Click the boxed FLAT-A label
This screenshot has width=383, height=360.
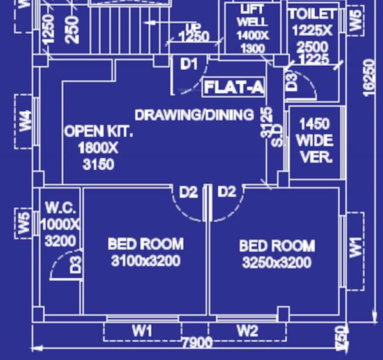[x=234, y=87]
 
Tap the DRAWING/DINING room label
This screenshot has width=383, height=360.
[x=194, y=115]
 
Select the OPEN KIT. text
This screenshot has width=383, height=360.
[x=98, y=131]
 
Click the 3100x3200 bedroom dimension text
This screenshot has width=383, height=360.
[x=146, y=261]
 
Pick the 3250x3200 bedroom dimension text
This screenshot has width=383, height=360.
[x=276, y=263]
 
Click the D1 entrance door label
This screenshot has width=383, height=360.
[x=189, y=63]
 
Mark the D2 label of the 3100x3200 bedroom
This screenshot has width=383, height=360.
[x=188, y=191]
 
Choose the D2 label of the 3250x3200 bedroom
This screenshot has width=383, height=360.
[x=227, y=191]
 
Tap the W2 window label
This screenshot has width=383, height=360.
[x=247, y=331]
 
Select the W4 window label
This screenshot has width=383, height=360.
[x=25, y=121]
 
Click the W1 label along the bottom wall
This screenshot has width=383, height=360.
[x=142, y=331]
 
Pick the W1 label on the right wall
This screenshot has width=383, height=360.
[x=355, y=246]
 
